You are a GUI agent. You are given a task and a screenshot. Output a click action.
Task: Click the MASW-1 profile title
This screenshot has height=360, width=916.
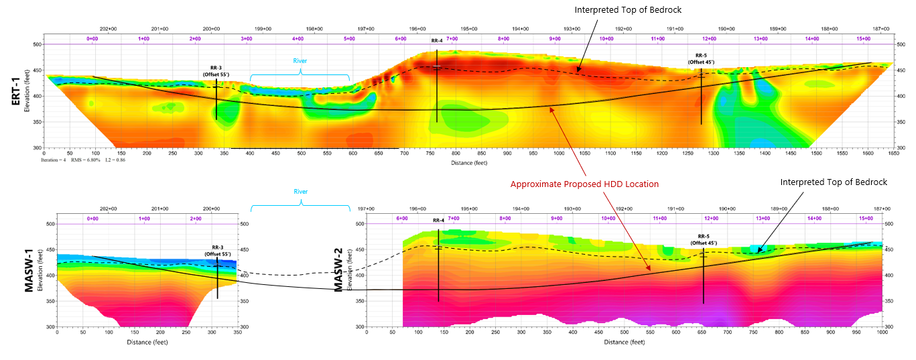pos(29,275)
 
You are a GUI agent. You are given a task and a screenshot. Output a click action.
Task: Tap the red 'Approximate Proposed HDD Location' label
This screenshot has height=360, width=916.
pos(584,184)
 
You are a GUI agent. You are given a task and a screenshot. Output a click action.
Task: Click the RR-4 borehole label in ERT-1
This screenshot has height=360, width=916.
pos(437,41)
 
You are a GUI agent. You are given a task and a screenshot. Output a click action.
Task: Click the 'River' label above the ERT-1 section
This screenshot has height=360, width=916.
pos(300,61)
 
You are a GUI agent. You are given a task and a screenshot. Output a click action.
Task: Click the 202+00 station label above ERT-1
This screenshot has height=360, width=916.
pos(108,29)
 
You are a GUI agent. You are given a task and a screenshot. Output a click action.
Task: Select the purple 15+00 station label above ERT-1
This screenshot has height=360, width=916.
pos(864,39)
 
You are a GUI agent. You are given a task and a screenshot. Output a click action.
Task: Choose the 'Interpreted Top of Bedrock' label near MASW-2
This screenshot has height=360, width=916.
pos(834,182)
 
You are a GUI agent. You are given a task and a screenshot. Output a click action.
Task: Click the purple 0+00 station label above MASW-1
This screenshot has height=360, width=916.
pos(92,219)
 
